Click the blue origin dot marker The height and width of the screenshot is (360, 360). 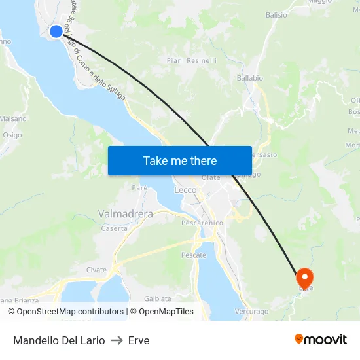click(56, 31)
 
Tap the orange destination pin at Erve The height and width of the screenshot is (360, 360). click(305, 278)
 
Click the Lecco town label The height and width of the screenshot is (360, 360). click(185, 190)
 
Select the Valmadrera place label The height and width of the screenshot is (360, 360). click(125, 214)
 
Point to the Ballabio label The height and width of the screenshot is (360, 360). click(249, 78)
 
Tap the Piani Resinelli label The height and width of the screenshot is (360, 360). click(191, 61)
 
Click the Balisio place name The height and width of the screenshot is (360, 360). click(276, 15)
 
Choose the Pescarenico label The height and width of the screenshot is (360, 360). click(202, 223)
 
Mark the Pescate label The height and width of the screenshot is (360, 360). click(194, 255)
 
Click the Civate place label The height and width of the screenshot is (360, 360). click(96, 270)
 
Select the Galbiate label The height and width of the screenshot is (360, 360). click(158, 298)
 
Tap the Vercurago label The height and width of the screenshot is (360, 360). click(251, 312)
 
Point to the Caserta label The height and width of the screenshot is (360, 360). click(115, 228)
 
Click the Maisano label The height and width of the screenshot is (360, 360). click(14, 119)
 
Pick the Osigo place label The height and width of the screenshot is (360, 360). click(12, 135)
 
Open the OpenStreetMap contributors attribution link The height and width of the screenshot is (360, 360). click(71, 312)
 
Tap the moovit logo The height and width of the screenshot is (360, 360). click(321, 340)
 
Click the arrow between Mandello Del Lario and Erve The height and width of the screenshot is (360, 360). click(117, 340)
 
